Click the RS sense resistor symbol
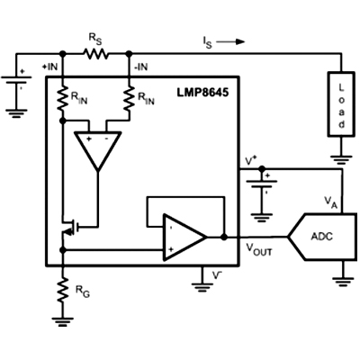coord(96,54)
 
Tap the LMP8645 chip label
coord(202,93)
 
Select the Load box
coord(341,104)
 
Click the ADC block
coord(322,237)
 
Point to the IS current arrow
coord(230,41)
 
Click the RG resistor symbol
coord(63,290)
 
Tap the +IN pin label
coord(49,67)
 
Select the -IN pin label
coord(140,67)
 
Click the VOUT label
coord(259,249)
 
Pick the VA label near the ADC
coord(331,202)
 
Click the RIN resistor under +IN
coord(63,99)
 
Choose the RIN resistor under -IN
coord(130,99)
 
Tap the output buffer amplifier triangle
coord(184,237)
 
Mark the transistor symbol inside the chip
coord(70,228)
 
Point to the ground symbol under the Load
coord(341,159)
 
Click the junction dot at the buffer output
coord(224,237)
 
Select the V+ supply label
coord(251,161)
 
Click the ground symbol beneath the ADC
coord(343,282)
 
